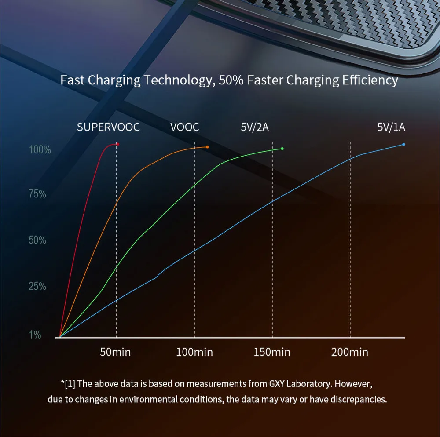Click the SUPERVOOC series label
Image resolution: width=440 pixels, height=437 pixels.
click(x=108, y=127)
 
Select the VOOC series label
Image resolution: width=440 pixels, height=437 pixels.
click(x=185, y=127)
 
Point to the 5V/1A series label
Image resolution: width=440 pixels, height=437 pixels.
click(x=391, y=127)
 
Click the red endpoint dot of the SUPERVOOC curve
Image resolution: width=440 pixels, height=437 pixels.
click(x=117, y=144)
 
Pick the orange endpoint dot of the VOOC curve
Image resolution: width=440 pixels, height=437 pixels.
click(x=207, y=147)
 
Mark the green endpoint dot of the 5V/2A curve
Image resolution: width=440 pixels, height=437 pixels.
click(x=282, y=149)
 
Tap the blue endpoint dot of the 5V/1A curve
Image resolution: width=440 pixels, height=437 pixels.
click(x=403, y=144)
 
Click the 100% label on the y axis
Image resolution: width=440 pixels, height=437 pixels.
click(x=40, y=150)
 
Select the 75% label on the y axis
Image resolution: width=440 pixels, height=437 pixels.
click(x=37, y=194)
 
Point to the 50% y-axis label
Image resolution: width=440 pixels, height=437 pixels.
click(x=37, y=240)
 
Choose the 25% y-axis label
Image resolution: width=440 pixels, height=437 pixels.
click(x=37, y=286)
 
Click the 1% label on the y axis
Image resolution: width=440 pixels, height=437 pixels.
click(x=35, y=335)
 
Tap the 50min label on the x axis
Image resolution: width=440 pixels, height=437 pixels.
click(x=116, y=352)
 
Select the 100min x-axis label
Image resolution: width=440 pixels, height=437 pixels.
click(x=194, y=352)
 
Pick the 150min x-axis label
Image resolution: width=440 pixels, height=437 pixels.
click(x=272, y=352)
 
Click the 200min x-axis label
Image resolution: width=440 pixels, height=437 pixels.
click(x=350, y=352)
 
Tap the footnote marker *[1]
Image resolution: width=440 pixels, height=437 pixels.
click(x=68, y=384)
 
